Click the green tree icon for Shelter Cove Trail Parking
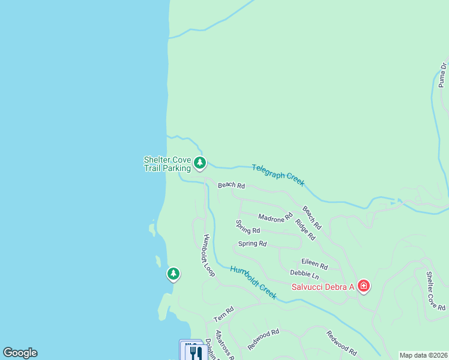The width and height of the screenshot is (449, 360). (x=200, y=163)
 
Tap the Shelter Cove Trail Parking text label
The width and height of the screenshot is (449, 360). (x=167, y=164)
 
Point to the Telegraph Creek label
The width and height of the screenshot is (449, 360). (x=278, y=175)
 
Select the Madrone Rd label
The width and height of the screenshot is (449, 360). (x=275, y=216)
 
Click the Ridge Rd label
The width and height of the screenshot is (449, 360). (x=305, y=229)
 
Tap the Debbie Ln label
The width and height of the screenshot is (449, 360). (x=304, y=274)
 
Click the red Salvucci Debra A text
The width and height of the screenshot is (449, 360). (x=323, y=287)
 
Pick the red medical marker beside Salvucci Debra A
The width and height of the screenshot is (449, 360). (x=363, y=286)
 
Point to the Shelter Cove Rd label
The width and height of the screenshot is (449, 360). (x=436, y=291)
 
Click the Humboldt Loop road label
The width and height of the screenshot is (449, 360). (x=209, y=255)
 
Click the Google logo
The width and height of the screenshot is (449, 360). (x=20, y=353)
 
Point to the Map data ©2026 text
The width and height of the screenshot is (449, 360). (x=423, y=355)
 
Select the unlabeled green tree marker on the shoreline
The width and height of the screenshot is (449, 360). (x=173, y=274)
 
